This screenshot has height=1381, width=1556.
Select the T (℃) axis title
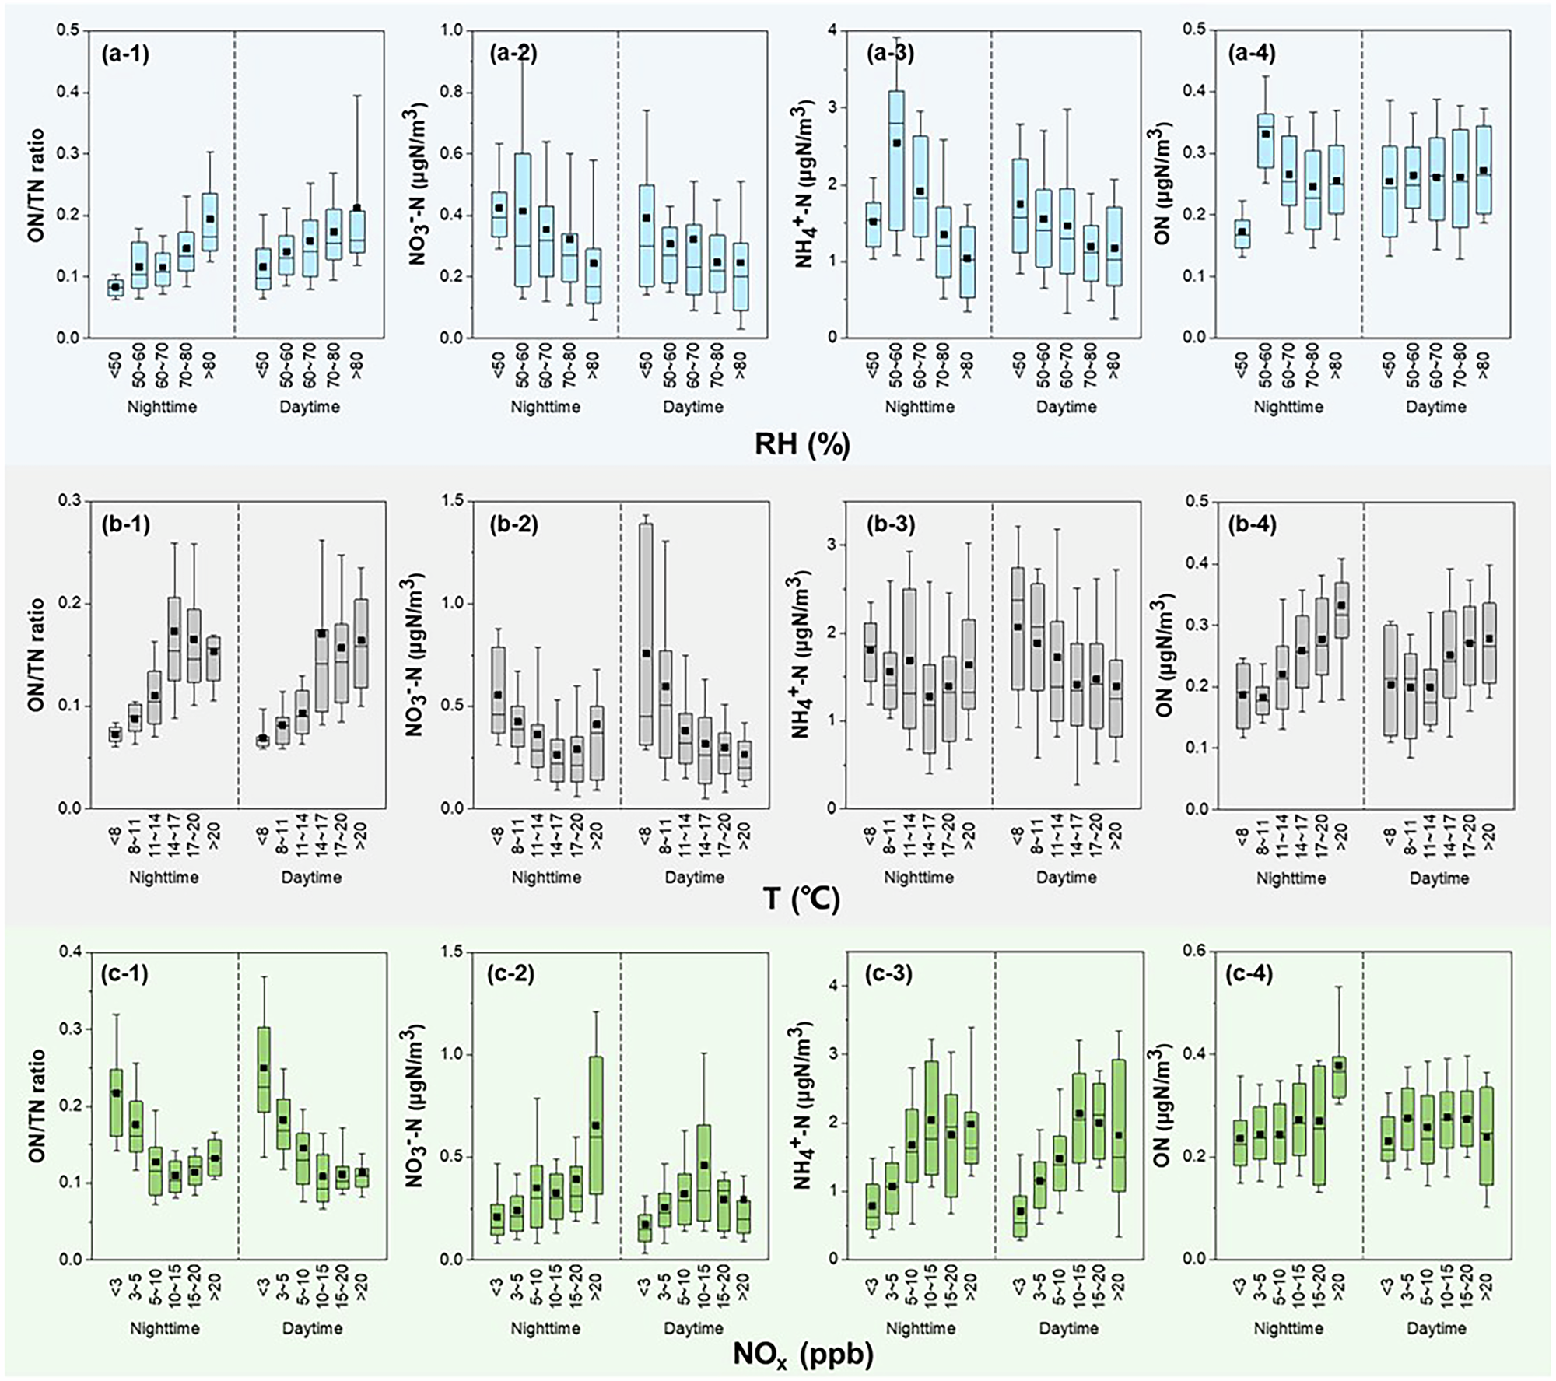[x=802, y=900]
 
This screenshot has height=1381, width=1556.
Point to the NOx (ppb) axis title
[x=802, y=1355]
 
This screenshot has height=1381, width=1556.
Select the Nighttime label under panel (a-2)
[x=546, y=407]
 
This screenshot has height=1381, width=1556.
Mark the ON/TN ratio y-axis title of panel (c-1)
[x=36, y=1106]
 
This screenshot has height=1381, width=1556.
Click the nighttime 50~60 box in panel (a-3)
[x=896, y=159]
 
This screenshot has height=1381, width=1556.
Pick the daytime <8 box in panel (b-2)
[x=645, y=634]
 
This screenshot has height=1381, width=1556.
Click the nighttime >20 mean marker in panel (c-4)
[x=1339, y=1066]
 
